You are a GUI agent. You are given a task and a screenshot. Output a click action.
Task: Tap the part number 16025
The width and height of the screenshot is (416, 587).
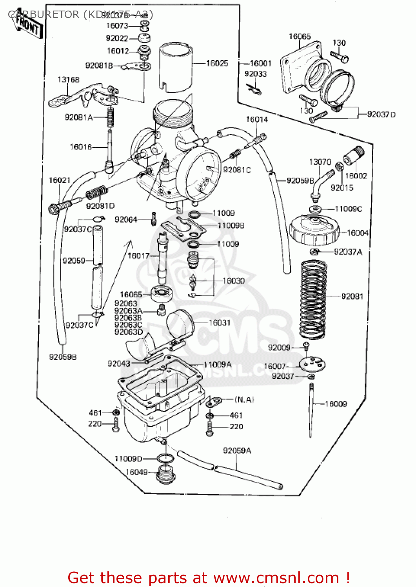(217, 63)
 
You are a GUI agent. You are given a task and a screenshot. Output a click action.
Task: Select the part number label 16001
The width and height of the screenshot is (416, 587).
(260, 63)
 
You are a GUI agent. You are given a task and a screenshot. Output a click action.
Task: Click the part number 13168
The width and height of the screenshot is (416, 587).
(68, 80)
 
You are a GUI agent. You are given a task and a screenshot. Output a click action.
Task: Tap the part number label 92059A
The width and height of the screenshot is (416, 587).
(237, 451)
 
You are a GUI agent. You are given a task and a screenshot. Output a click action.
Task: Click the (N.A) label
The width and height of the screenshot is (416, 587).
(244, 400)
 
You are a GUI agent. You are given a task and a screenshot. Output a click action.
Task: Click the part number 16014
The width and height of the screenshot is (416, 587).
(257, 119)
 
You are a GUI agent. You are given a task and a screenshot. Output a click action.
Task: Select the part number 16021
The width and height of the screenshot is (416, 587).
(59, 180)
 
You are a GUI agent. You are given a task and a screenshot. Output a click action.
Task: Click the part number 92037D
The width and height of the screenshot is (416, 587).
(381, 114)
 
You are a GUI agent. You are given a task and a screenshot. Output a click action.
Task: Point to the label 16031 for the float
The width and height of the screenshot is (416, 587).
(219, 322)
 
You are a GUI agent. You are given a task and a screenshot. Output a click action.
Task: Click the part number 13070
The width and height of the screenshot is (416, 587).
(320, 162)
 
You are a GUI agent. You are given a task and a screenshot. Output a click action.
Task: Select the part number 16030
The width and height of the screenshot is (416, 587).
(233, 281)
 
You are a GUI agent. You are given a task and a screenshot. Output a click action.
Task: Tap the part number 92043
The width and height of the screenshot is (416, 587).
(119, 364)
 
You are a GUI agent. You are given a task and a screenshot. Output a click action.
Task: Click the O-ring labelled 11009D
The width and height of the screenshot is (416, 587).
(165, 458)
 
